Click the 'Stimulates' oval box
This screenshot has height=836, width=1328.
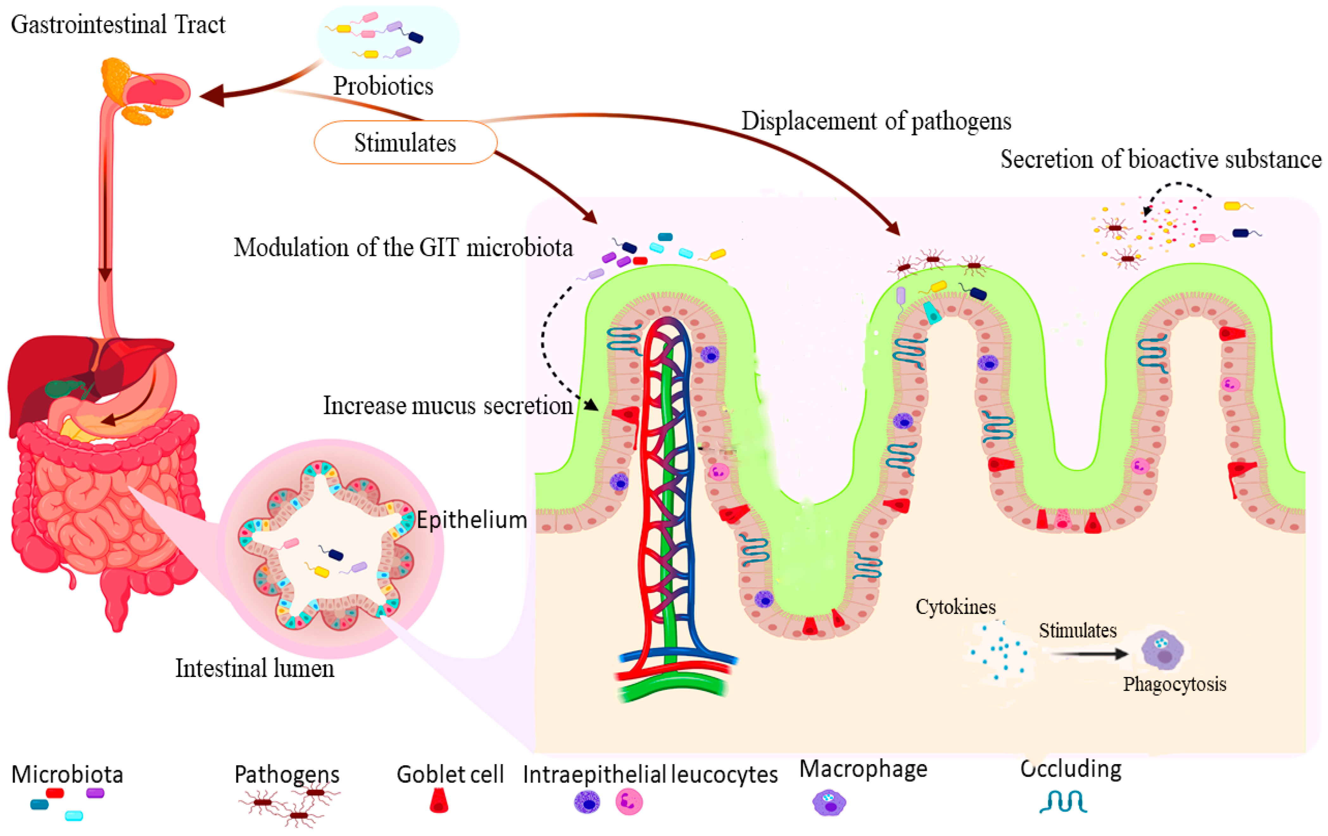pyautogui.click(x=405, y=142)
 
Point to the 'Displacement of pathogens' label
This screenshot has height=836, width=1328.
pyautogui.click(x=876, y=121)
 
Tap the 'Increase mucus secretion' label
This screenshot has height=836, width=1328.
pyautogui.click(x=448, y=405)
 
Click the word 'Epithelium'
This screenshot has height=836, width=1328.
pyautogui.click(x=472, y=520)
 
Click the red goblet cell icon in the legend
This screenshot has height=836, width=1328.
pyautogui.click(x=439, y=801)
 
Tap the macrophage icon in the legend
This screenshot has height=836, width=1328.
pyautogui.click(x=829, y=803)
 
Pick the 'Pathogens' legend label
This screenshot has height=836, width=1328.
pyautogui.click(x=287, y=774)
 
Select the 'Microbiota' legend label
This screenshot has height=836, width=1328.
pyautogui.click(x=67, y=774)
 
